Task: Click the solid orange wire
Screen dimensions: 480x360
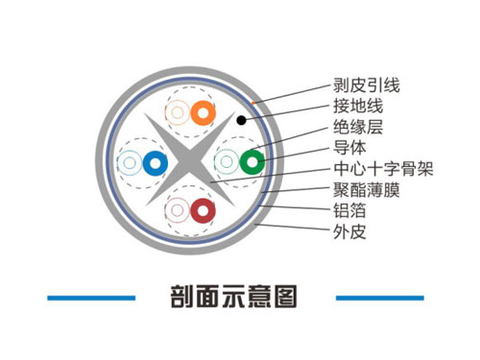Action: (x=201, y=113)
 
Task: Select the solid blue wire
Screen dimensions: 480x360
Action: (x=153, y=162)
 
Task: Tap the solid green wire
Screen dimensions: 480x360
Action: (x=251, y=161)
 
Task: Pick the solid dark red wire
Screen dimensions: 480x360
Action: (x=202, y=210)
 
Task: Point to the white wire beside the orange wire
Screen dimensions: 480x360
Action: (x=178, y=113)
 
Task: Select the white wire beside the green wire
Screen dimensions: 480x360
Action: (x=228, y=161)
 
